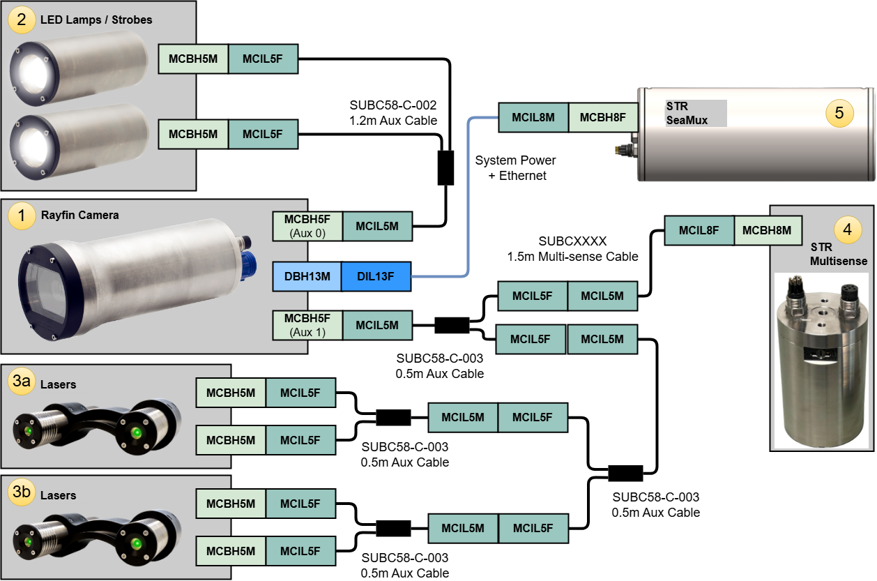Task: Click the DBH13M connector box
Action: click(x=307, y=277)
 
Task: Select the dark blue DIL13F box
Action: click(x=376, y=277)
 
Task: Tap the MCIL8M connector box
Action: click(x=534, y=117)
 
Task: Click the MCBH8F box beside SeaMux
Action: click(x=603, y=117)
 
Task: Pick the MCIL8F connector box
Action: click(x=699, y=230)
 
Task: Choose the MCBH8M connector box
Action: click(x=767, y=230)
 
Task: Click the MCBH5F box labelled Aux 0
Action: click(x=307, y=227)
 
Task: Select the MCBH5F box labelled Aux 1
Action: click(x=307, y=325)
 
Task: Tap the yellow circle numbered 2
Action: click(x=22, y=20)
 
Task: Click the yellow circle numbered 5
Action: click(x=839, y=112)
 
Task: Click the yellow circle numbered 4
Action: click(x=847, y=229)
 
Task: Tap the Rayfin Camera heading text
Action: click(x=80, y=215)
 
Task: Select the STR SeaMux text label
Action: click(x=687, y=114)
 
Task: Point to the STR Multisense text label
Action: click(x=839, y=255)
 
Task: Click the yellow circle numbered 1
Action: click(x=22, y=216)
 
